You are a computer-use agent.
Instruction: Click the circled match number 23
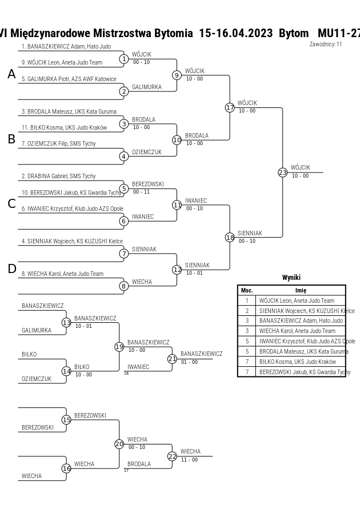(x=282, y=173)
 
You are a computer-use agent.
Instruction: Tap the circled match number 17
(x=230, y=107)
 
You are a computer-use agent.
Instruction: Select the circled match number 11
(x=177, y=205)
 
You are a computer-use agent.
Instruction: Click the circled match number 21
(x=172, y=359)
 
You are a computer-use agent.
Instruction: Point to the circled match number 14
(x=66, y=371)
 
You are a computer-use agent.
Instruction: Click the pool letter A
(x=11, y=74)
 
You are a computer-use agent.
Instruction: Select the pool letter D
(x=11, y=269)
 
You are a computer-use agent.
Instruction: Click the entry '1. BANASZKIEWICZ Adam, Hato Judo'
(x=66, y=46)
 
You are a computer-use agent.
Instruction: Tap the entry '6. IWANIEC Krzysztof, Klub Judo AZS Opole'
(x=73, y=209)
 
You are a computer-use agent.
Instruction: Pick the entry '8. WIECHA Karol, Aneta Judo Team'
(x=63, y=274)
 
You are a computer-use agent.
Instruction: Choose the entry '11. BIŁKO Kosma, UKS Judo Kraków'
(x=64, y=127)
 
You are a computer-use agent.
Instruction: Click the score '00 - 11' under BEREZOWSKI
(x=141, y=192)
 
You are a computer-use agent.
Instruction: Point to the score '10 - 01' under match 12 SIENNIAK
(x=194, y=273)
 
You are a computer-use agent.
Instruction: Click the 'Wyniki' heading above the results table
(x=291, y=278)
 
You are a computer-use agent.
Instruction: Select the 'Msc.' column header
(x=247, y=291)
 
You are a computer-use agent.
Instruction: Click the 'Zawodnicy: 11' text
(x=326, y=44)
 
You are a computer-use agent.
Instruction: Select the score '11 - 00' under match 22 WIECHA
(x=189, y=460)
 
